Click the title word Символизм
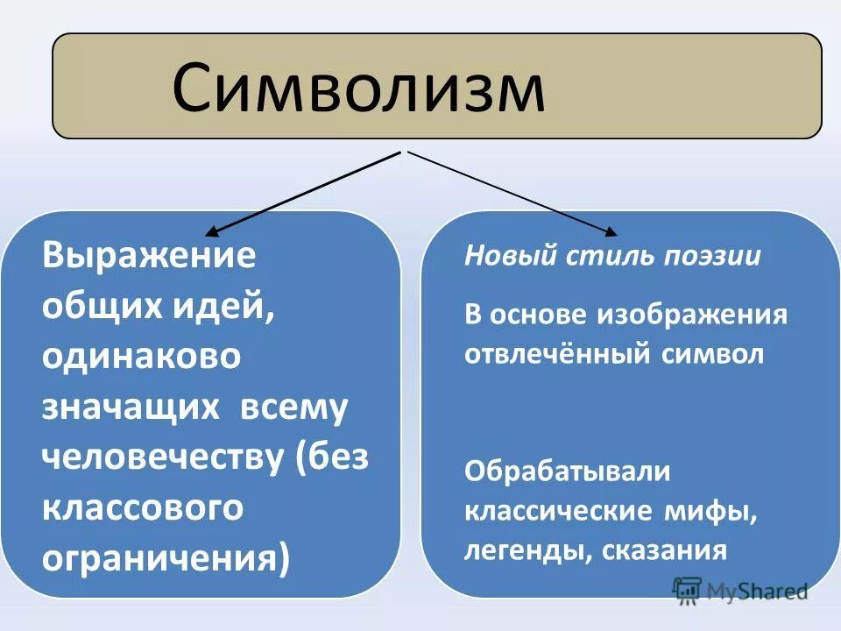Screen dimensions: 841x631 (357, 89)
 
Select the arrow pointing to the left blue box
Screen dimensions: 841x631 (302, 193)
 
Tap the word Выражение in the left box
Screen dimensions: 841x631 (149, 256)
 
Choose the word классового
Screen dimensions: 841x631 (143, 509)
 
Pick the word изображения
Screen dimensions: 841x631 (694, 315)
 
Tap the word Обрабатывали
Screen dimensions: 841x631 (567, 471)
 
